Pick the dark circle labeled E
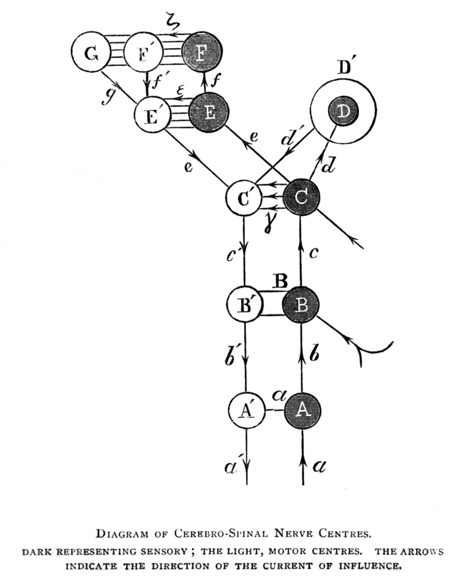pos(208,113)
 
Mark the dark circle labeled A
pos(302,410)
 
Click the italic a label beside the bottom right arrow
pos(319,466)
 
